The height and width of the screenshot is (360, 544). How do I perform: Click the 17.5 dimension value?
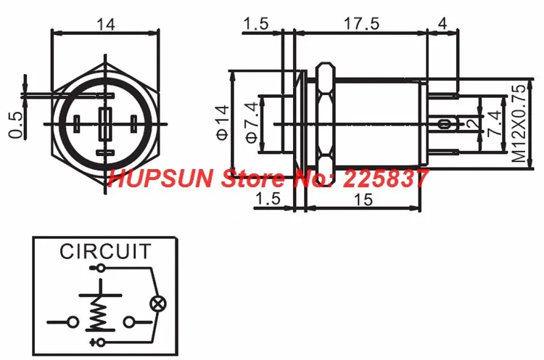[361, 24]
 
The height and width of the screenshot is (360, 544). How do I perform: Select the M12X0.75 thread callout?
[519, 123]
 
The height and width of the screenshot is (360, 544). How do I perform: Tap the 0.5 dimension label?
[16, 125]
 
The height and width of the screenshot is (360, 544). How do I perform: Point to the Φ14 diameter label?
[223, 122]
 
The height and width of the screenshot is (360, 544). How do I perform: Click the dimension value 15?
[363, 200]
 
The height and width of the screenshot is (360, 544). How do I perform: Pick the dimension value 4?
[442, 24]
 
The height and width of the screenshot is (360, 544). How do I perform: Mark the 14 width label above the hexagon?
[105, 25]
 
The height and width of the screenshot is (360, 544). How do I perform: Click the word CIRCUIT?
[105, 251]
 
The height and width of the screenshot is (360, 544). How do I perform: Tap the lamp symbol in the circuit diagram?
[157, 304]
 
